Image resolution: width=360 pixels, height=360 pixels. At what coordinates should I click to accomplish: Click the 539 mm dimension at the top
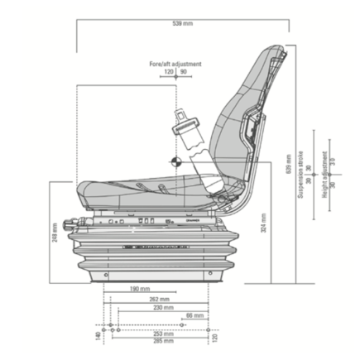[182, 23]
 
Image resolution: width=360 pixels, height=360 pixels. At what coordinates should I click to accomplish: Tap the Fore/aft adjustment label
[175, 64]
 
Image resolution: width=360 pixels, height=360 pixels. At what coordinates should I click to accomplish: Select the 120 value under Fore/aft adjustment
[169, 72]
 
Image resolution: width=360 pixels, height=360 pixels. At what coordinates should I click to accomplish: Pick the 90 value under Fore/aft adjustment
[183, 72]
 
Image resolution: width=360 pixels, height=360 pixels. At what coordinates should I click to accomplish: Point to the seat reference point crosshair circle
[175, 162]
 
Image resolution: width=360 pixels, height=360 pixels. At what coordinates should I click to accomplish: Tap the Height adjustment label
[324, 174]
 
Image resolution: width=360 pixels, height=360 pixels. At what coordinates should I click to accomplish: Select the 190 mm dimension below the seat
[139, 290]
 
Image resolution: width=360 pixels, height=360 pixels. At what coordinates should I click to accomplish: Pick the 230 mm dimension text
[163, 307]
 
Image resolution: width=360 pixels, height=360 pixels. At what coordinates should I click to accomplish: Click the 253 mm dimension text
[163, 334]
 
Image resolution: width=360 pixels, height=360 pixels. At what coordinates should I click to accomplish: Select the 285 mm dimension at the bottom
[163, 340]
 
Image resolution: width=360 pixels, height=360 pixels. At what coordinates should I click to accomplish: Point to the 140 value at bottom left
[98, 337]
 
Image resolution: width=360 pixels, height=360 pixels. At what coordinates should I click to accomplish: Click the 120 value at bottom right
[214, 337]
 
